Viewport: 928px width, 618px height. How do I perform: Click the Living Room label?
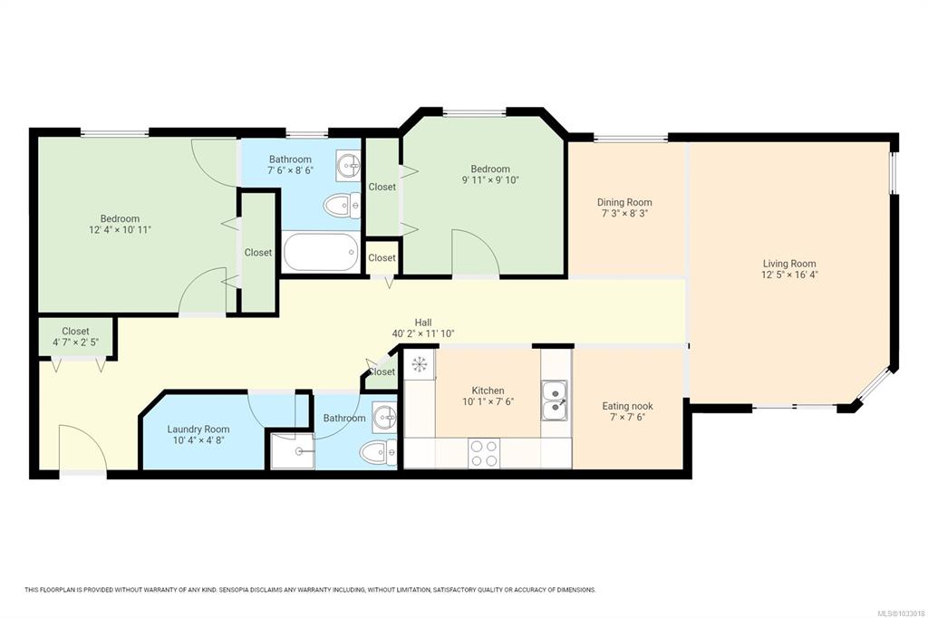[789, 264]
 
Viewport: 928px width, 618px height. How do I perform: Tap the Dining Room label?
[624, 202]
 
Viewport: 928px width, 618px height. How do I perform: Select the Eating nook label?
[627, 406]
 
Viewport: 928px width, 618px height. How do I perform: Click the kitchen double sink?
[555, 401]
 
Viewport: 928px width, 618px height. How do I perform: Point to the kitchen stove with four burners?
[484, 453]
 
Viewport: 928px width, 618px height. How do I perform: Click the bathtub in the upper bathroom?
[321, 252]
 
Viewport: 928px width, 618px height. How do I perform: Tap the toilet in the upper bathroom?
[342, 206]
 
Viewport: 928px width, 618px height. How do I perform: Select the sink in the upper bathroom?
[348, 165]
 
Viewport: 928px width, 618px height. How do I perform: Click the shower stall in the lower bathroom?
[293, 451]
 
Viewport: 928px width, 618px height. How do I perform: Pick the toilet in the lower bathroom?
[378, 453]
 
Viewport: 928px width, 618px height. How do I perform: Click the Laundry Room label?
[198, 430]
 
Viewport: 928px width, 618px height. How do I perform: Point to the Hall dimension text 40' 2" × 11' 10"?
[423, 333]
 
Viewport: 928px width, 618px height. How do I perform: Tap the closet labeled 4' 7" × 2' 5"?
[76, 337]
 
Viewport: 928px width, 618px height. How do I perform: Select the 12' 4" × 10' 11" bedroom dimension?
[121, 229]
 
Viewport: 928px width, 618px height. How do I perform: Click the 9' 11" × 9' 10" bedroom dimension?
[490, 180]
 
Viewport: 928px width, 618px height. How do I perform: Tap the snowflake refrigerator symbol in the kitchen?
[420, 364]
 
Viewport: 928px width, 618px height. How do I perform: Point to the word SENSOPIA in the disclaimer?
[234, 590]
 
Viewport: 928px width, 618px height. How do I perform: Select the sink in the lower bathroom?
[384, 418]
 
